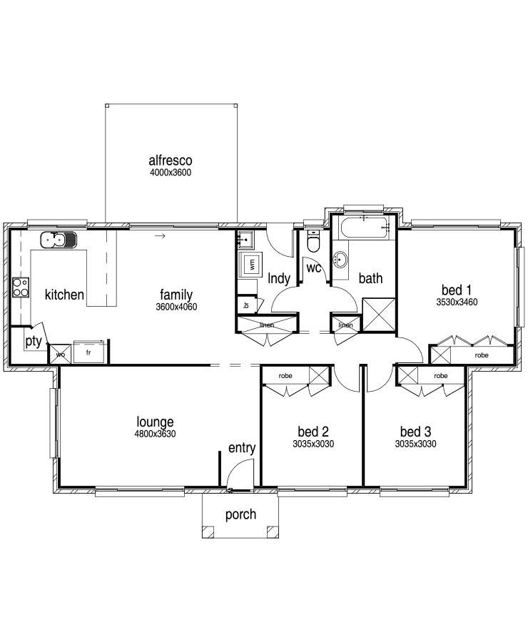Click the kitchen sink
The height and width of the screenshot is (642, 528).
[x=59, y=240]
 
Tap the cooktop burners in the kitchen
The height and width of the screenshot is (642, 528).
[x=21, y=287]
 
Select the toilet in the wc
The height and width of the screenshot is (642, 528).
[x=313, y=243]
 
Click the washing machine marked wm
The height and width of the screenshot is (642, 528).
[x=251, y=264]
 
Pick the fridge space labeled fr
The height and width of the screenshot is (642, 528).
[x=90, y=352]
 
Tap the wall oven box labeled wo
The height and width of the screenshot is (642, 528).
[x=60, y=354]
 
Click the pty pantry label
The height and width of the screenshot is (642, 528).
[x=34, y=341]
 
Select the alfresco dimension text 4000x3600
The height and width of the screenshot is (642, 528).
[x=171, y=173]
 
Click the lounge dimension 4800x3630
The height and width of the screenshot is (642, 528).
[x=155, y=434]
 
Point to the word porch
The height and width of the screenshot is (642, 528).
[x=240, y=514]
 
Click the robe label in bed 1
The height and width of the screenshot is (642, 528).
[x=482, y=355]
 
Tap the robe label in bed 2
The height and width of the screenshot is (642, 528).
[x=285, y=376]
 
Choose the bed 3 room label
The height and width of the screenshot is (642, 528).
[x=415, y=432]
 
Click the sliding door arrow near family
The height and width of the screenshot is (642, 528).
[x=160, y=236]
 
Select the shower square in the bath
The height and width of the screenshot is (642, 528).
[x=379, y=315]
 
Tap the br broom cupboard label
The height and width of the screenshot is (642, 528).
[x=246, y=305]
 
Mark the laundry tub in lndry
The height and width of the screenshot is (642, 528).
[x=245, y=240]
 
